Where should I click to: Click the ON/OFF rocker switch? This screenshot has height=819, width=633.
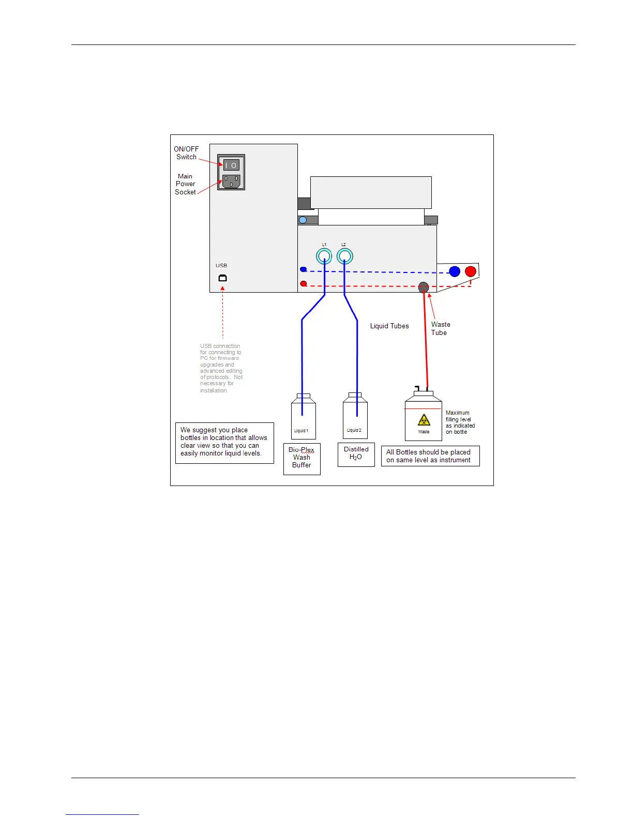231,165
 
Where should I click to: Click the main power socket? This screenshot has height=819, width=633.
231,181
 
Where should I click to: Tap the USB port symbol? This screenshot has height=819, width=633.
222,278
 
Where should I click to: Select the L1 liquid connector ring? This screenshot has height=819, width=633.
324,256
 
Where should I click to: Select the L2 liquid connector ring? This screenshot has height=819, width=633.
344,256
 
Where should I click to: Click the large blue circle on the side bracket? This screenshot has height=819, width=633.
455,271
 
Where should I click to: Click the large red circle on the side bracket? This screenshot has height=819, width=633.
471,271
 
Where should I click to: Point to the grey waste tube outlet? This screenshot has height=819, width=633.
424,287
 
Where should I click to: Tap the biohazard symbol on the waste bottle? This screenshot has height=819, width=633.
424,420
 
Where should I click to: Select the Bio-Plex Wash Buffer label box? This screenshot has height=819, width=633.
302,459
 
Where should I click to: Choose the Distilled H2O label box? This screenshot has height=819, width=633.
356,454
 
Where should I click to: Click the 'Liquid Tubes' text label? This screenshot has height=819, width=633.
389,326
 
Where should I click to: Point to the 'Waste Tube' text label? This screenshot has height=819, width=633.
441,328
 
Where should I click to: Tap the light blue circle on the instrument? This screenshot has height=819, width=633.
303,220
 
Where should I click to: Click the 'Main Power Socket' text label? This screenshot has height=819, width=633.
185,184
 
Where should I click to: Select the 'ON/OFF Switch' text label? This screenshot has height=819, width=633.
186,153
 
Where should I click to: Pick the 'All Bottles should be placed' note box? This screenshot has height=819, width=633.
430,456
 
